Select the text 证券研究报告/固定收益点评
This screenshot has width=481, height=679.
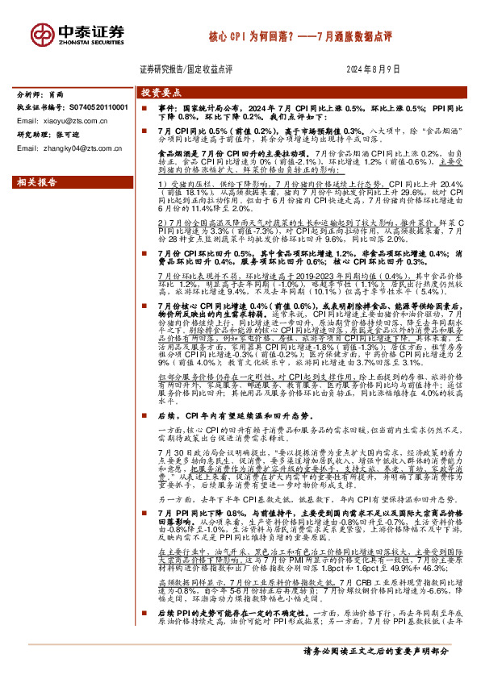(x=186, y=70)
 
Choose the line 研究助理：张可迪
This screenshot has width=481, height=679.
(x=48, y=135)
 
